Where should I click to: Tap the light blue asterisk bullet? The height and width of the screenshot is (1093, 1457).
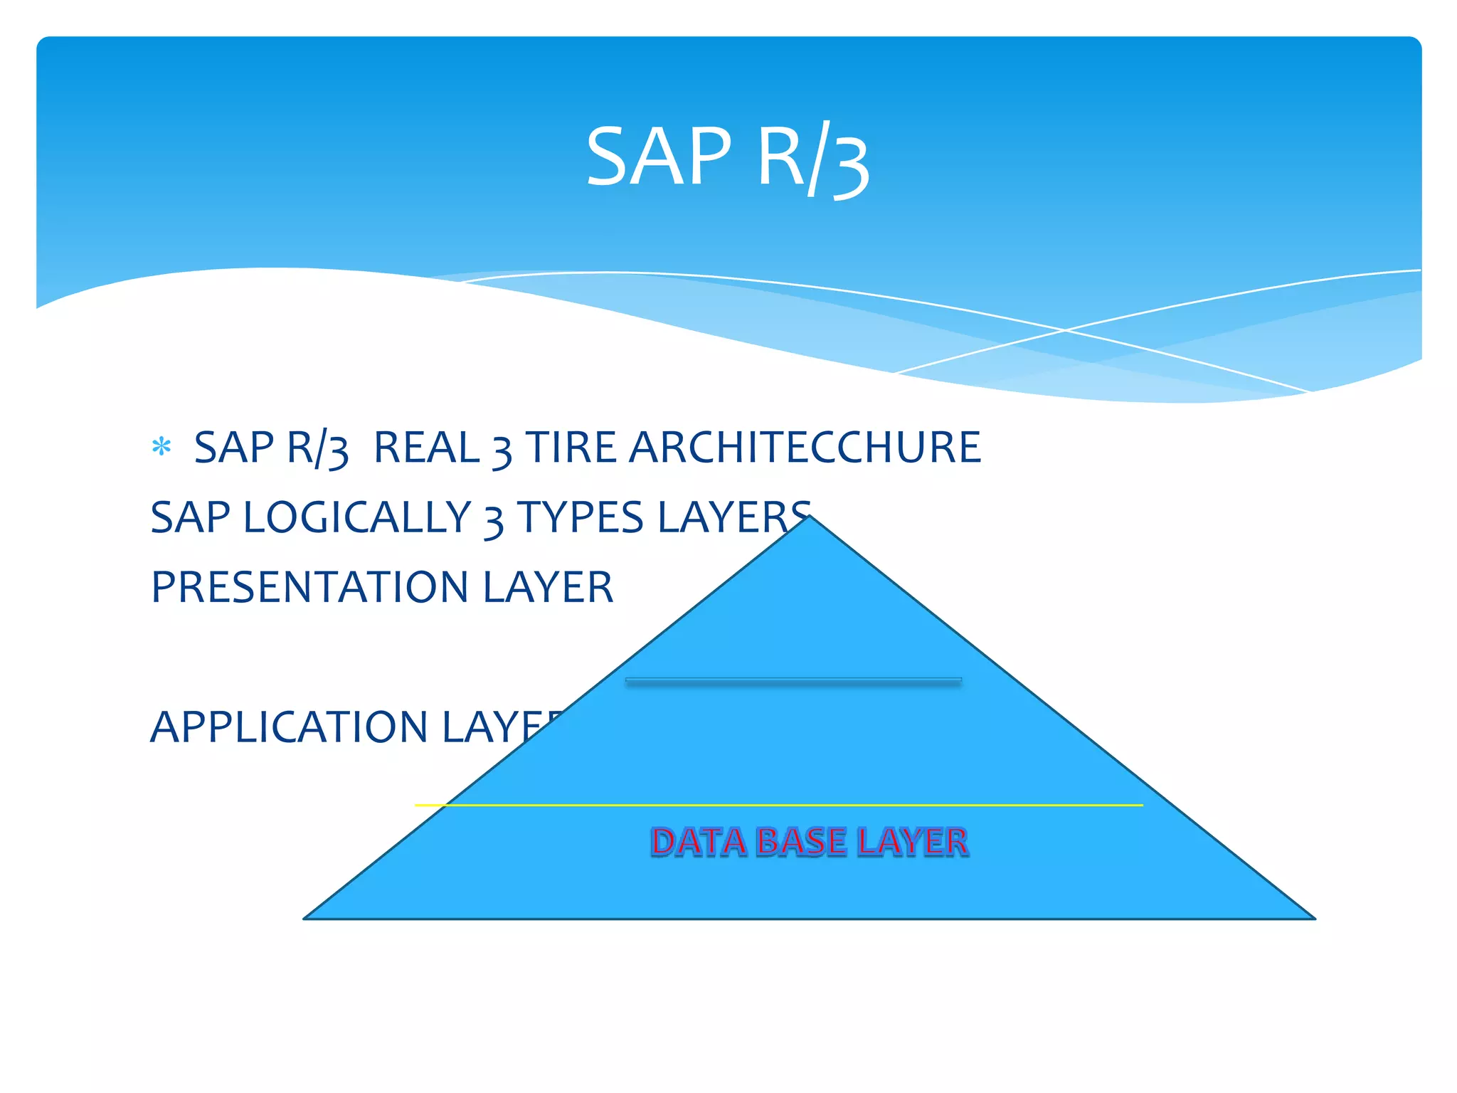click(x=161, y=447)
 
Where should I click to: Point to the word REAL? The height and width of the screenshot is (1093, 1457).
click(x=425, y=448)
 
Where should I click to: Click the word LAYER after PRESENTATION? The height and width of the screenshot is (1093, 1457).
click(x=547, y=587)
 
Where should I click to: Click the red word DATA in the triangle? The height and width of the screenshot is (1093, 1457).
click(x=698, y=842)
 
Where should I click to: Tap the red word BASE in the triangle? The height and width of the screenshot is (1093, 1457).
click(x=802, y=842)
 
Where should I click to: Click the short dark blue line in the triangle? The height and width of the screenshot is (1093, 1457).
click(x=793, y=682)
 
